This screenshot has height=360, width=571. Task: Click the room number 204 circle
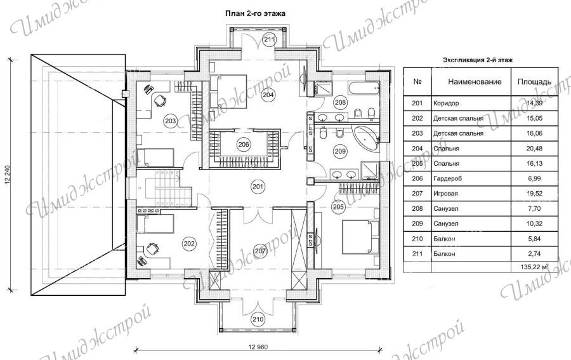pyautogui.click(x=268, y=95)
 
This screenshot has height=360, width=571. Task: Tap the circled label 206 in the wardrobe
pyautogui.click(x=244, y=145)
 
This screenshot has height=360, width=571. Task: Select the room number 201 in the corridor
pyautogui.click(x=258, y=187)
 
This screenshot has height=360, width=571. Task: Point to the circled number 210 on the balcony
pyautogui.click(x=258, y=319)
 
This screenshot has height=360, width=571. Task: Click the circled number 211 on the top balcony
pyautogui.click(x=270, y=39)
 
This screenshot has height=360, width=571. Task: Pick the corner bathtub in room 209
pyautogui.click(x=365, y=138)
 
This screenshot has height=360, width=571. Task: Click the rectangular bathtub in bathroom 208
pyautogui.click(x=363, y=88)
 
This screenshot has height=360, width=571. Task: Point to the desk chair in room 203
pyautogui.click(x=159, y=100)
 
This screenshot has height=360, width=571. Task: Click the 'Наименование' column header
pyautogui.click(x=475, y=82)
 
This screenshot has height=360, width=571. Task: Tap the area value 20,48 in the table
pyautogui.click(x=534, y=149)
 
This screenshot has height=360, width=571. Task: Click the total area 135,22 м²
pyautogui.click(x=535, y=267)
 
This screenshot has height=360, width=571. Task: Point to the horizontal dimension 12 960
pyautogui.click(x=258, y=347)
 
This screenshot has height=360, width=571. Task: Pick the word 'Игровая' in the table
pyautogui.click(x=445, y=194)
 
